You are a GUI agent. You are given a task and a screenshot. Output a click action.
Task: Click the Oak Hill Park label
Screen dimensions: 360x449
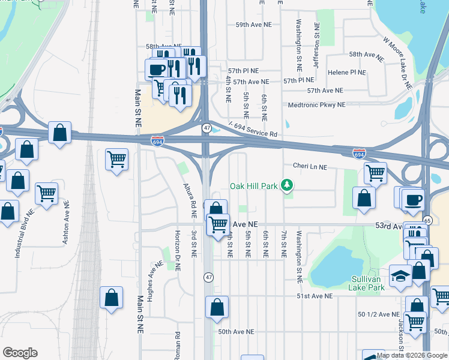click(x=254, y=186)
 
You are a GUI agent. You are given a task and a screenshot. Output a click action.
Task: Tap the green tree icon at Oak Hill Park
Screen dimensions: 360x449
click(x=288, y=185)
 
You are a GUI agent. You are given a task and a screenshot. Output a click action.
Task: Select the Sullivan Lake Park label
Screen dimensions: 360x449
click(x=367, y=283)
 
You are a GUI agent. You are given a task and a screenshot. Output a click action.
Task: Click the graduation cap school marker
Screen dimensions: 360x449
click(x=400, y=276)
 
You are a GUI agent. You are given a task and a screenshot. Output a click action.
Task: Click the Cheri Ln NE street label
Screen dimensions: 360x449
click(x=310, y=166)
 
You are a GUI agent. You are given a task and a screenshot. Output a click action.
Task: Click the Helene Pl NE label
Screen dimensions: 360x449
click(x=347, y=73)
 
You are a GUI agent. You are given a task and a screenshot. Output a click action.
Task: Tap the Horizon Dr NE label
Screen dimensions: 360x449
click(x=178, y=250)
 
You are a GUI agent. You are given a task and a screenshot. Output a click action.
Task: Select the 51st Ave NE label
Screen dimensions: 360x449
click(x=314, y=296)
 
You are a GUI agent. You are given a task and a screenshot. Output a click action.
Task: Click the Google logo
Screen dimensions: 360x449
click(x=20, y=353)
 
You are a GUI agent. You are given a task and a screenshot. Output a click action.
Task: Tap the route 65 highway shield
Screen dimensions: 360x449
click(x=427, y=220)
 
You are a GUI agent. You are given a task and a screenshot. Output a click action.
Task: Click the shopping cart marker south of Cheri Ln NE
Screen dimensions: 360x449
click(x=375, y=173)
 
